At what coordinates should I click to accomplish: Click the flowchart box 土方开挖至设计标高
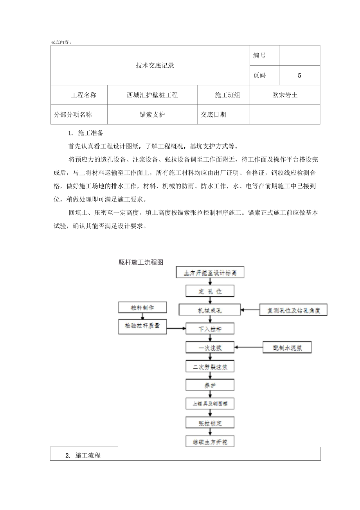(211, 272)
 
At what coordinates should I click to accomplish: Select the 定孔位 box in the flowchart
(210, 291)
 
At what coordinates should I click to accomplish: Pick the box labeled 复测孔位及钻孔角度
(293, 310)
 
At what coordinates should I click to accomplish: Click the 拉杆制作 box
(142, 308)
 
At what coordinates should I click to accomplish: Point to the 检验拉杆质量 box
(142, 326)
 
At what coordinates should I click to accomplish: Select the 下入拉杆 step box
(210, 329)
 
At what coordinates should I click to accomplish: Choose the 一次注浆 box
(210, 347)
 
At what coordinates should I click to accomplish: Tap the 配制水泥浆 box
(287, 347)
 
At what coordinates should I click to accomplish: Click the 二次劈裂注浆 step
(210, 367)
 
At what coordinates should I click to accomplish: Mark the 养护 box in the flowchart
(210, 386)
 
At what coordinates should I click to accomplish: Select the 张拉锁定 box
(210, 423)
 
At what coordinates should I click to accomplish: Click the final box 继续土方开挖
(210, 442)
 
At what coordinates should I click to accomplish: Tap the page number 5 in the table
(299, 76)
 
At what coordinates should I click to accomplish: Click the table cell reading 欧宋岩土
(285, 95)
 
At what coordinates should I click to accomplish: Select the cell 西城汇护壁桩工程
(153, 95)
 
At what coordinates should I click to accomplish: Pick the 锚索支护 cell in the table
(153, 115)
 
